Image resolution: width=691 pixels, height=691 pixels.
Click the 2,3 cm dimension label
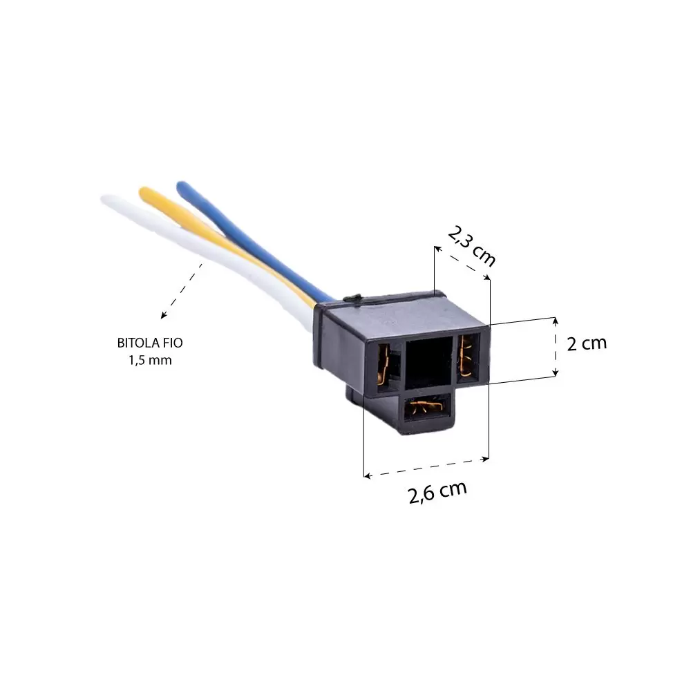(x=471, y=246)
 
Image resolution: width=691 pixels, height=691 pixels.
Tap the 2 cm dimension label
(x=587, y=343)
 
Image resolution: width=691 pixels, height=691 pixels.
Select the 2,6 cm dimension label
(x=437, y=492)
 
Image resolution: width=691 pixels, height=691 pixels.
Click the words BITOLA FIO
(x=150, y=343)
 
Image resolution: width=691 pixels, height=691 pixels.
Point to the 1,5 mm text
(x=150, y=361)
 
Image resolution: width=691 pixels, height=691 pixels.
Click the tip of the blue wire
(x=181, y=186)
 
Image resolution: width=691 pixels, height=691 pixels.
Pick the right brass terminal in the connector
(x=465, y=356)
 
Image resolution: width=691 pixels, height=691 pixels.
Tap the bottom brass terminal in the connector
(x=426, y=407)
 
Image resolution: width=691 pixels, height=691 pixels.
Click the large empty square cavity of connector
(x=429, y=362)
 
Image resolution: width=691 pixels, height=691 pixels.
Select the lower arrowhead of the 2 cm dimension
(x=556, y=374)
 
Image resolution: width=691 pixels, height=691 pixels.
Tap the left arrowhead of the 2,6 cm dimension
(x=367, y=475)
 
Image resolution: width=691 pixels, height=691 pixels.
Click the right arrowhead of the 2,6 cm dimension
(x=486, y=459)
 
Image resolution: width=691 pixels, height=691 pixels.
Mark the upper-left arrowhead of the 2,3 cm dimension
(x=437, y=249)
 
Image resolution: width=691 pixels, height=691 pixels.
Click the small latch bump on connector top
(x=352, y=299)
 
